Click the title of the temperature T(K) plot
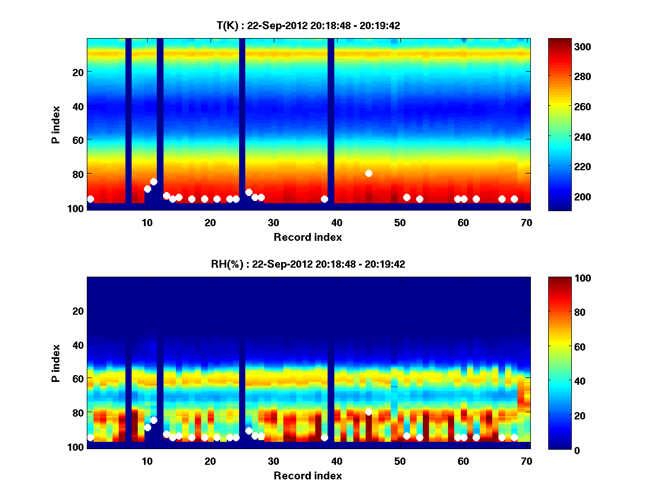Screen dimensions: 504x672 (308, 25)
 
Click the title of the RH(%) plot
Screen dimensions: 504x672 (308, 264)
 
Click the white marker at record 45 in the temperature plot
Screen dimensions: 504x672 (368, 173)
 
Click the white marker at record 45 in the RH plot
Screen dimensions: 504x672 (368, 412)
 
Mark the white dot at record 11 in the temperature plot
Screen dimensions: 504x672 (153, 181)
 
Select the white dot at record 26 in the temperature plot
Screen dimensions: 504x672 (249, 192)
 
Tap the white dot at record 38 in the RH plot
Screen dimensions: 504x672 (324, 437)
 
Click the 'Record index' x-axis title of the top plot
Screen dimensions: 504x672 (308, 237)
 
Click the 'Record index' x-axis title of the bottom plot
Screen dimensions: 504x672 (308, 475)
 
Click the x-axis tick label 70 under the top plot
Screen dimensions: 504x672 (526, 222)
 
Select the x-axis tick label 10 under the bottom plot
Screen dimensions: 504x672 (147, 461)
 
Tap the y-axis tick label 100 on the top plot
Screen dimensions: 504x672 (76, 208)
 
